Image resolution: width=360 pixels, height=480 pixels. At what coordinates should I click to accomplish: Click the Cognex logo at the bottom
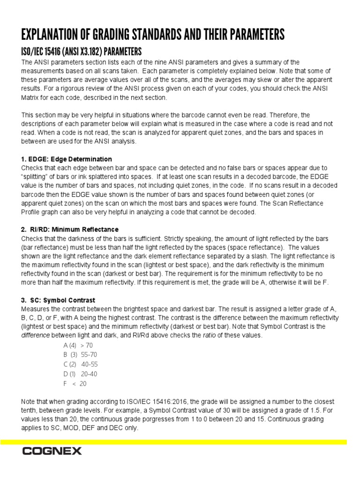[52, 451]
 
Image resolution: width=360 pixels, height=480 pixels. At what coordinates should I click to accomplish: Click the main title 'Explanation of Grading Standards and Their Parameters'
[153, 35]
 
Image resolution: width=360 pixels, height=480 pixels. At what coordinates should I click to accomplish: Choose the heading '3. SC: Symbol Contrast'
[58, 300]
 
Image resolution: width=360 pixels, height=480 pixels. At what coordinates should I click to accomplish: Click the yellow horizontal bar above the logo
[173, 442]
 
